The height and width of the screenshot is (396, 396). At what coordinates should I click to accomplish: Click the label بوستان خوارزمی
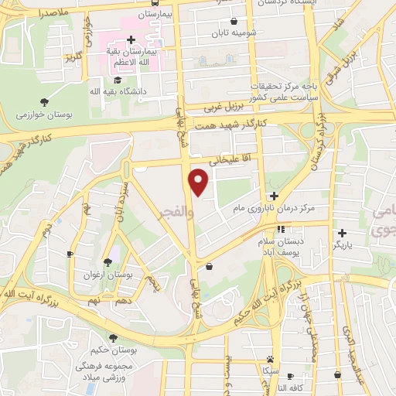tap(44, 114)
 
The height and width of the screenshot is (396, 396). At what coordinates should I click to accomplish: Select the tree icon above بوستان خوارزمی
tap(44, 101)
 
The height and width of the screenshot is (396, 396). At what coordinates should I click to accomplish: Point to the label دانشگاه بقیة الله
tap(97, 91)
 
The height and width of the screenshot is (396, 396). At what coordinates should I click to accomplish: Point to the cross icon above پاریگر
tap(342, 232)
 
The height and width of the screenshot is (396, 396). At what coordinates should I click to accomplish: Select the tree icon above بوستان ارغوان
tap(107, 261)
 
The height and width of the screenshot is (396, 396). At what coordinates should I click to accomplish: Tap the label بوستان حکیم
tap(113, 351)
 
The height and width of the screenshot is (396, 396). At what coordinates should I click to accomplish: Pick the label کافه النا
tap(299, 387)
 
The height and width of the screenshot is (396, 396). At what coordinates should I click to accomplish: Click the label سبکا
tap(270, 371)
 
